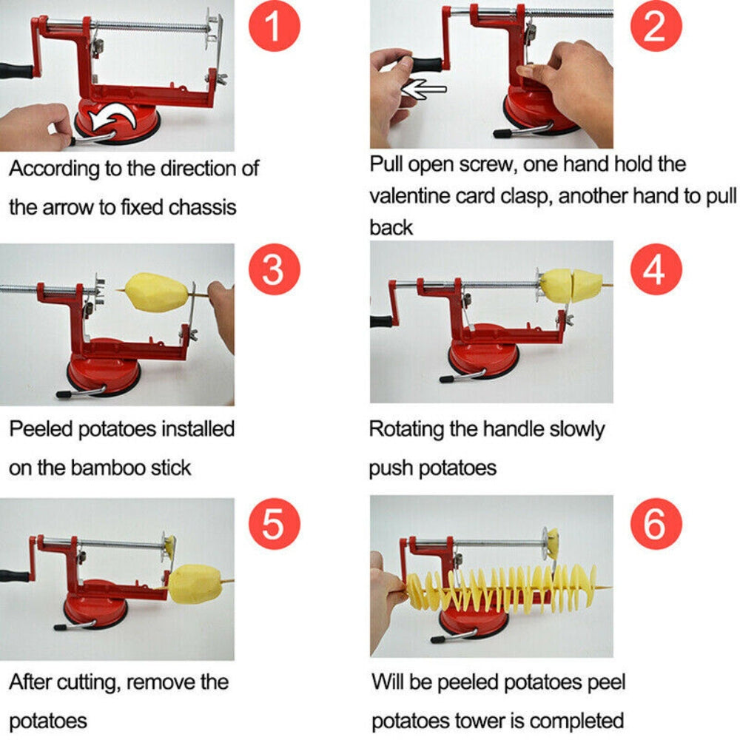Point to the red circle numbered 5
coord(273,525)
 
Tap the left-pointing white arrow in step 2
coord(424,88)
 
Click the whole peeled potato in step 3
coord(157,293)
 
